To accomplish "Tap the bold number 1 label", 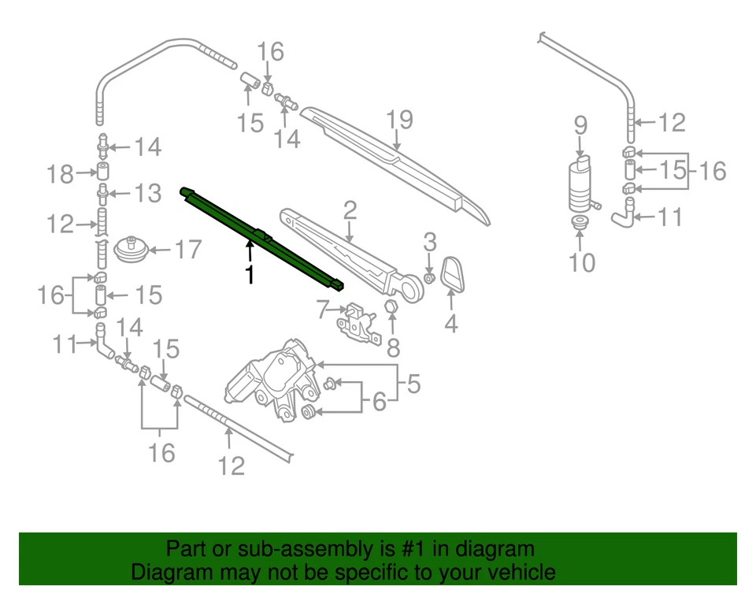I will [x=250, y=275].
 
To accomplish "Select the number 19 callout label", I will [x=399, y=121].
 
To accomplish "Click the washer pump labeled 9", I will [x=580, y=186].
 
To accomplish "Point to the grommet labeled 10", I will [x=580, y=224].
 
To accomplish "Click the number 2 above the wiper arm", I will [x=350, y=210].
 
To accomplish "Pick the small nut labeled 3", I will [x=430, y=278].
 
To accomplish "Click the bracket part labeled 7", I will [x=355, y=321].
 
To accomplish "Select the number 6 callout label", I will [x=380, y=403].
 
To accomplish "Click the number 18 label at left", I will [x=61, y=174].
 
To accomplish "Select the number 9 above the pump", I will [x=580, y=125].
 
